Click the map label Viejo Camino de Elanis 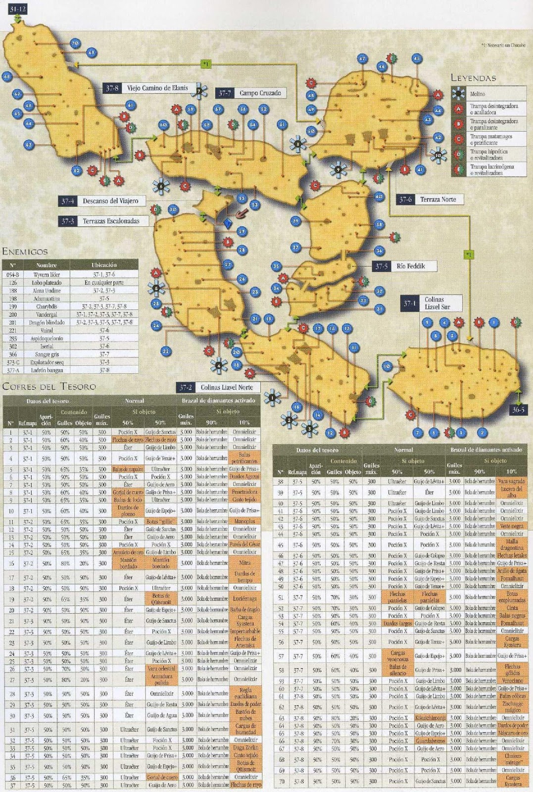pos(157,88)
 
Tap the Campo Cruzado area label pos(260,93)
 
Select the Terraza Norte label pos(437,199)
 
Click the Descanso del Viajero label pos(110,201)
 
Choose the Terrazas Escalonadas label pos(111,221)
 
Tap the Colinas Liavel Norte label pos(226,388)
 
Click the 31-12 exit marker pos(17,9)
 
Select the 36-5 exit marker pos(518,410)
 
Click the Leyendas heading pos(473,78)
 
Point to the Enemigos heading pos(25,252)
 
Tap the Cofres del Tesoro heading pos(49,386)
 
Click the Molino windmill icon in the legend pos(460,93)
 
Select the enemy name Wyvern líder pos(47,274)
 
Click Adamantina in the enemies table pos(47,298)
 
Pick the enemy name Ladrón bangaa pos(47,370)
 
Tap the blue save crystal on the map pos(227,223)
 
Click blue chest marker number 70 pos(75,44)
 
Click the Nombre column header pos(47,265)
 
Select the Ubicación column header pos(104,265)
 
